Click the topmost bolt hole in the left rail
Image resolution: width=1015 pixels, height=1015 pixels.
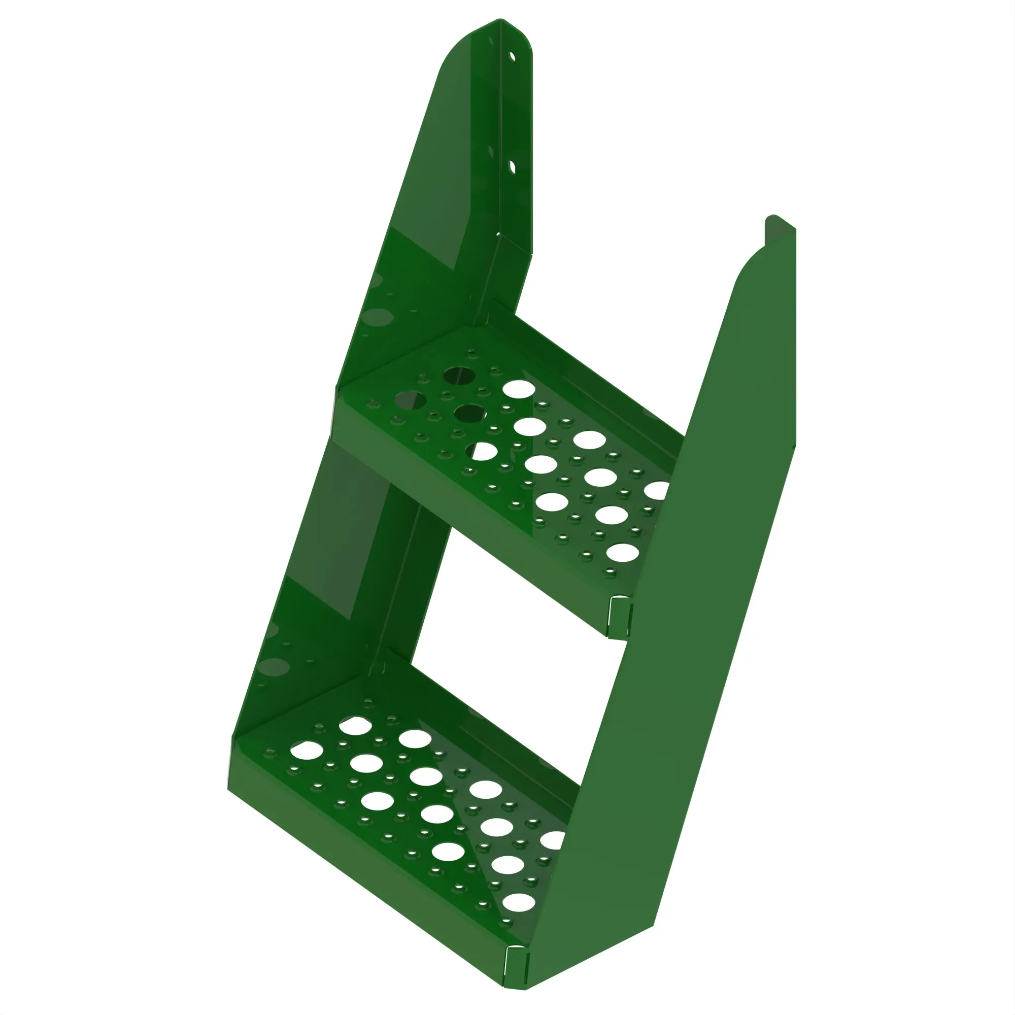[512, 56]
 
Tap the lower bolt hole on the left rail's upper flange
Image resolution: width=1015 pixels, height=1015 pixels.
[512, 167]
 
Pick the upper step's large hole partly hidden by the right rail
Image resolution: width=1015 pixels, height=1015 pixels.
[657, 490]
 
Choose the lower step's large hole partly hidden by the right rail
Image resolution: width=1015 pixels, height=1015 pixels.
[553, 839]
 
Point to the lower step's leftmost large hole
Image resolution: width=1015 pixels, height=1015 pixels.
[307, 750]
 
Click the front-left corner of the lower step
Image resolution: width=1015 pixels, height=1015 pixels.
[229, 788]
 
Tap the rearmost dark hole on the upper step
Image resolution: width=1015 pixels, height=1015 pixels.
[459, 375]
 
